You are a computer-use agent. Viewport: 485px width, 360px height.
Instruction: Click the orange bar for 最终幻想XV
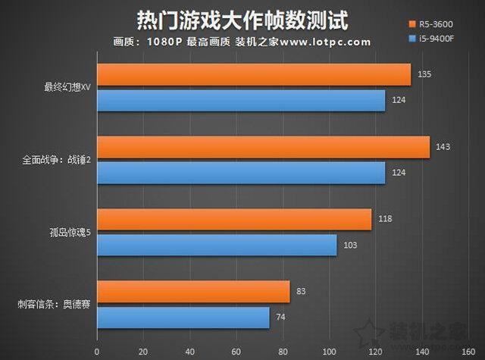click(254, 74)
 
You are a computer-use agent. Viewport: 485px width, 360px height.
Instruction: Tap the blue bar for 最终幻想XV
click(241, 101)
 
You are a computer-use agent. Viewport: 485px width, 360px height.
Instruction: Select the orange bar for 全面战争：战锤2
click(263, 147)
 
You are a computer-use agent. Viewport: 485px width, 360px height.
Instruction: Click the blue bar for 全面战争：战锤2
click(241, 173)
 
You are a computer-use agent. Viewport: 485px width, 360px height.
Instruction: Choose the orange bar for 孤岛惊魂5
click(234, 219)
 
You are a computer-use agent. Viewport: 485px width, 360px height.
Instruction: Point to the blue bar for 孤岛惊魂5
click(217, 245)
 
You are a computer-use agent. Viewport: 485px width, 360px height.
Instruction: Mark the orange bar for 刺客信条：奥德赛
click(193, 291)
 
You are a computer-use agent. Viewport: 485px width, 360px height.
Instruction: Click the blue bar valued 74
click(183, 318)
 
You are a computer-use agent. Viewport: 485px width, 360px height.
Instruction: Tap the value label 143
click(443, 146)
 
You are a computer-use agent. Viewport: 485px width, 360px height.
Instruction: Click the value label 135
click(424, 74)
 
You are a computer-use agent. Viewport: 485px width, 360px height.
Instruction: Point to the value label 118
click(385, 219)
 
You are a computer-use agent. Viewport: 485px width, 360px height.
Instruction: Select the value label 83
click(302, 291)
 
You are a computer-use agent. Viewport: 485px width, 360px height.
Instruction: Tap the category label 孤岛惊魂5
click(67, 232)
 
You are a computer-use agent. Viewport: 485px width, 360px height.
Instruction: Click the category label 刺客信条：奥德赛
click(54, 304)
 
